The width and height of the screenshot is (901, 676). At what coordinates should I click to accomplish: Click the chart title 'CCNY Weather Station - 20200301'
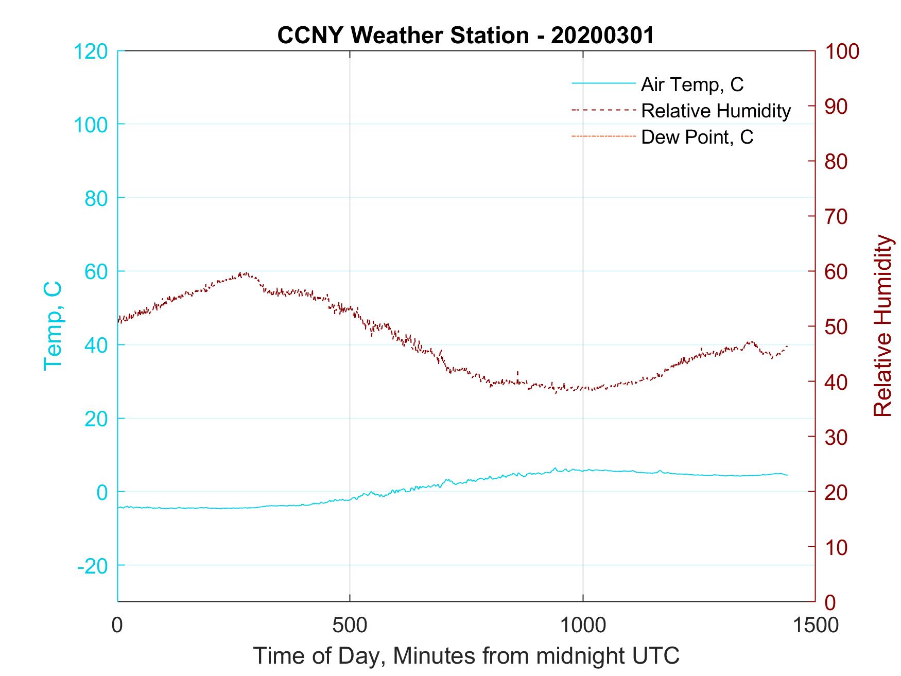[465, 36]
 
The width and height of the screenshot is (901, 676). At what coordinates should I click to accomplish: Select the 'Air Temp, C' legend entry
[691, 84]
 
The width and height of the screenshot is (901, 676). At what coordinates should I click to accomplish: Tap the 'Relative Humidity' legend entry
[715, 111]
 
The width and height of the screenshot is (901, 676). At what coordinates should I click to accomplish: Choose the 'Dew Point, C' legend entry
[697, 137]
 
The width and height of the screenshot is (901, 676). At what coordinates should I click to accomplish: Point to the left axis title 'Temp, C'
[53, 325]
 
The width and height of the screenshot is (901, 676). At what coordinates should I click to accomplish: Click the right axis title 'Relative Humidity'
[882, 325]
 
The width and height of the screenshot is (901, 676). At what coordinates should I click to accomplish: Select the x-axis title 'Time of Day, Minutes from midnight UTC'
[466, 655]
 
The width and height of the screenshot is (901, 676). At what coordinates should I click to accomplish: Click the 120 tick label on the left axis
[91, 51]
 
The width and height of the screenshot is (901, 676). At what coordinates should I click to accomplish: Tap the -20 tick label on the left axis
[92, 566]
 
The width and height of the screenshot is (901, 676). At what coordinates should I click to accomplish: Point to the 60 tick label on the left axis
[96, 272]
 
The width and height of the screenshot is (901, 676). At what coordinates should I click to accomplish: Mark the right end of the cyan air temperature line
[787, 475]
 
